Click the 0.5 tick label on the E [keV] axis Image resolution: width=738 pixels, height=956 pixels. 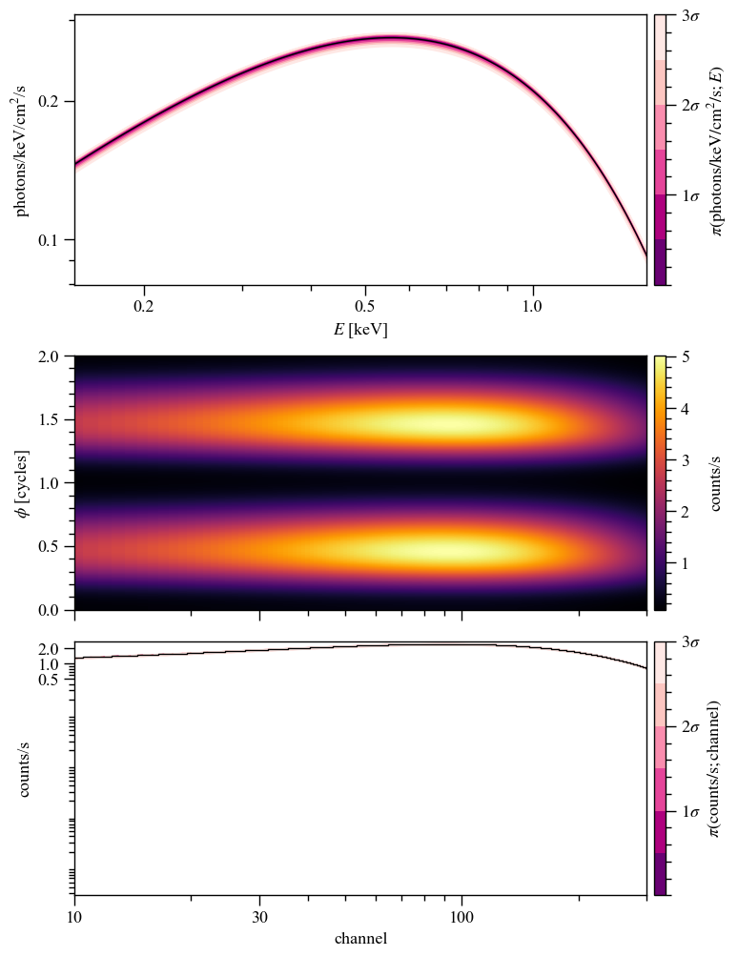point(364,307)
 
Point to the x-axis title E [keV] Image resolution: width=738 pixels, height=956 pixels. point(360,330)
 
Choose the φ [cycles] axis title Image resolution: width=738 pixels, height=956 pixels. point(22,482)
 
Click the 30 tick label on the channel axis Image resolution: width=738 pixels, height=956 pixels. point(259,917)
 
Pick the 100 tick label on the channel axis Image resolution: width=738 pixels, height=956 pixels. point(461,917)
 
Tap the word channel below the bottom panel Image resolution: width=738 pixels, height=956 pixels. point(360,939)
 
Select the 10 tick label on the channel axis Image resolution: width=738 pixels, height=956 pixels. point(74,917)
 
